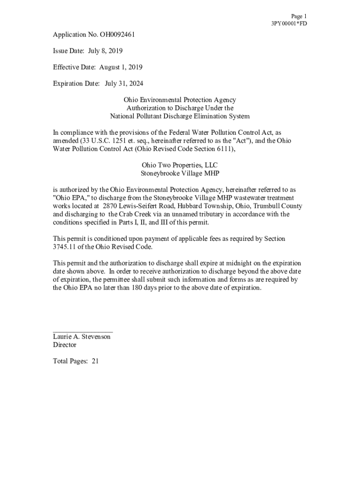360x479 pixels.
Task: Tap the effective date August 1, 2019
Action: click(121, 67)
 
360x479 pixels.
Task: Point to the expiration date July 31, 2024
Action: click(124, 84)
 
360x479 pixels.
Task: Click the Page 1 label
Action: click(298, 16)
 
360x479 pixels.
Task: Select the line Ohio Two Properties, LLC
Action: click(180, 165)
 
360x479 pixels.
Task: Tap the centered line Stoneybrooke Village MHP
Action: click(180, 173)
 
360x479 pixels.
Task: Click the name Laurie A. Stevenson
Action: click(82, 337)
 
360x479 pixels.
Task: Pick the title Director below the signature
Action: click(65, 345)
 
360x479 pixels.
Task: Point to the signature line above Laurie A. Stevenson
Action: click(83, 331)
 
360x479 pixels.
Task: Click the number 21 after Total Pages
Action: click(95, 361)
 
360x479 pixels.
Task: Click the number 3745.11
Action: click(66, 247)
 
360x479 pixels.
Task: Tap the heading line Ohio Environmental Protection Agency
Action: click(180, 100)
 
